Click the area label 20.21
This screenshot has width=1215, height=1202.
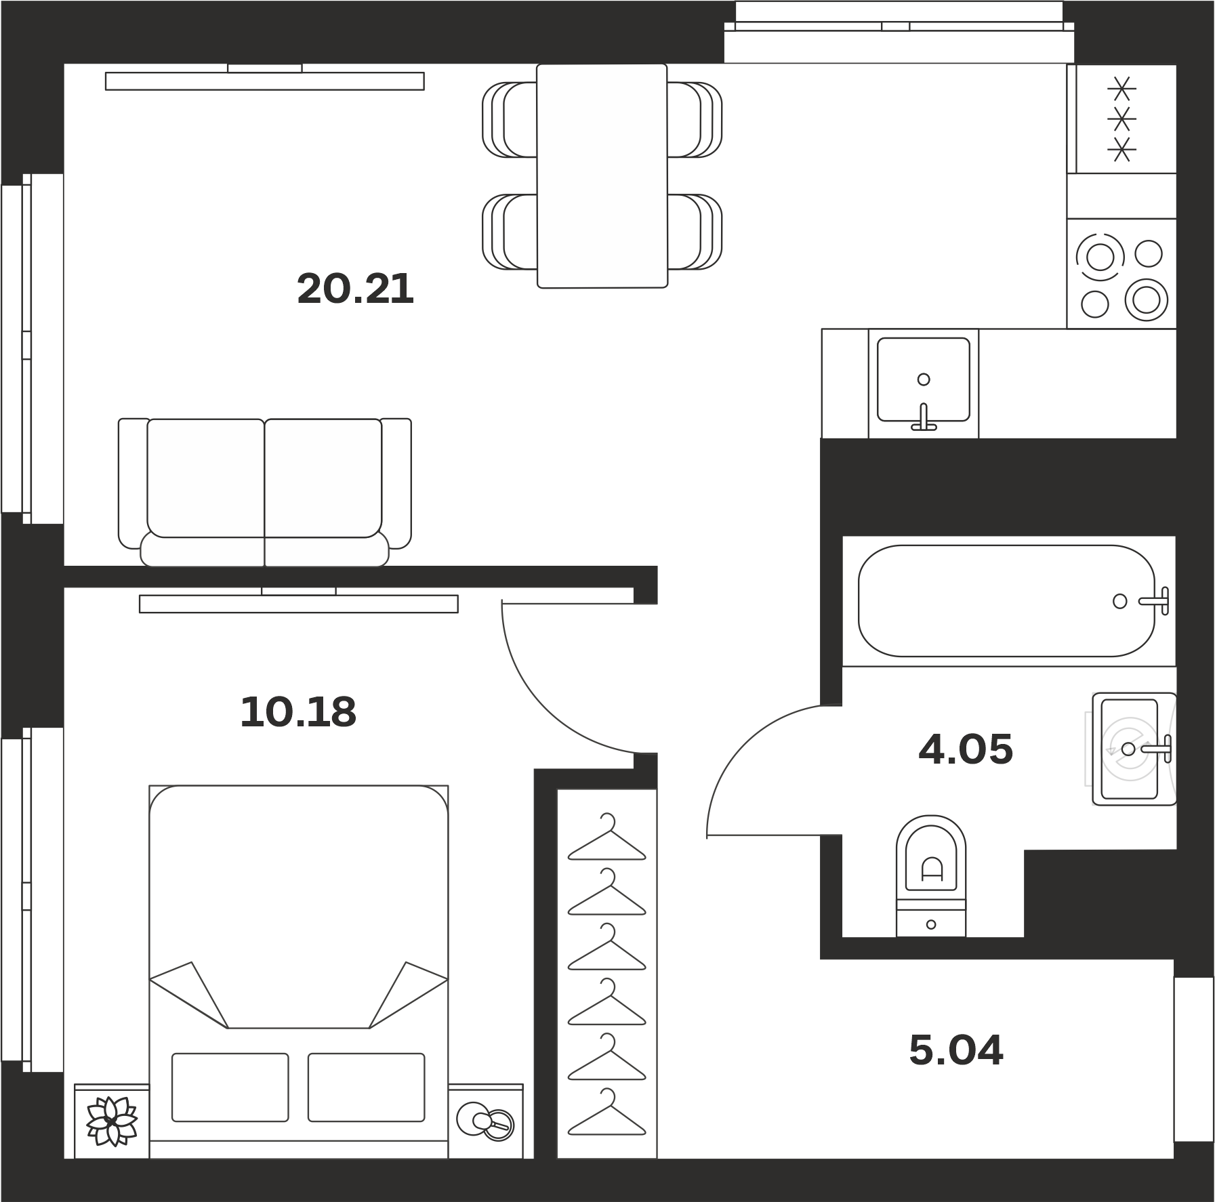(x=355, y=289)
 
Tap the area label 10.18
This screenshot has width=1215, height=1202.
(x=298, y=712)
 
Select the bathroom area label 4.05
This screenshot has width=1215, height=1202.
(x=966, y=749)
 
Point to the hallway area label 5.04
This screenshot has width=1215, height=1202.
(x=955, y=1050)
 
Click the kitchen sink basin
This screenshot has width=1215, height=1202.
(x=924, y=379)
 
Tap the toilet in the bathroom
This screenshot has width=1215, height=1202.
(x=931, y=876)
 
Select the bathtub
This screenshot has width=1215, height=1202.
(x=1007, y=600)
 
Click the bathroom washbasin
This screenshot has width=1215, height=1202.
(x=1134, y=749)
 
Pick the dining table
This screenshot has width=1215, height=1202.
(x=602, y=176)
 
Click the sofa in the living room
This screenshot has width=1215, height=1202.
(x=264, y=492)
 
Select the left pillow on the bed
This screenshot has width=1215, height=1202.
(x=230, y=1087)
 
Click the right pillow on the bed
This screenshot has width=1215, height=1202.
(x=367, y=1087)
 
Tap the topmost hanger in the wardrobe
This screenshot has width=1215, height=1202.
(x=607, y=837)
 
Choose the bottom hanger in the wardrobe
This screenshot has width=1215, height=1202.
(x=607, y=1112)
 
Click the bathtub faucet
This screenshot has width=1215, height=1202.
(x=1155, y=600)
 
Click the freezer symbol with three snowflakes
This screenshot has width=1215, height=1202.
(x=1121, y=119)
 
